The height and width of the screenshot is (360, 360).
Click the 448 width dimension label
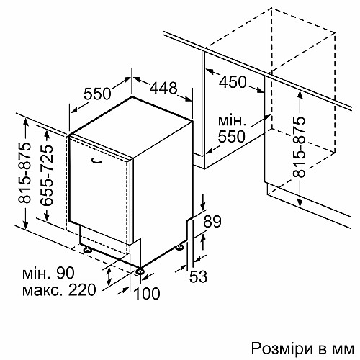163,88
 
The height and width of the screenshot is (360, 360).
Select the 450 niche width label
233,82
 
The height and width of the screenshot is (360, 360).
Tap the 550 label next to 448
97,94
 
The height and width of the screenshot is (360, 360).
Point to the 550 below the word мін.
231,136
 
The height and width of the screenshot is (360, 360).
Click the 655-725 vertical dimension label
46,176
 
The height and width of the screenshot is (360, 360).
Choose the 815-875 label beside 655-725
24,173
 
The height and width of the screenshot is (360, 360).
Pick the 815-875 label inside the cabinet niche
299,147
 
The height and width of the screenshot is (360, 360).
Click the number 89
212,221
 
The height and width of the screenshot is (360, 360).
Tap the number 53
198,276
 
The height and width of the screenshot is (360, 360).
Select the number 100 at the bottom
147,293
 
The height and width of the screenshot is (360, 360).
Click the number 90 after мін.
66,273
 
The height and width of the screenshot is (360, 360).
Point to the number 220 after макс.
82,290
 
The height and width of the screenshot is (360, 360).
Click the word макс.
43,291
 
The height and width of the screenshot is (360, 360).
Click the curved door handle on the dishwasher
97,161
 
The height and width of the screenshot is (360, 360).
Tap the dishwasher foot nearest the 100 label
140,271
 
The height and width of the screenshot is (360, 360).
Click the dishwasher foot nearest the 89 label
180,247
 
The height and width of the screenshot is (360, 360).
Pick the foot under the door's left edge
87,249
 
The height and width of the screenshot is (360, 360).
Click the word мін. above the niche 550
232,121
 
